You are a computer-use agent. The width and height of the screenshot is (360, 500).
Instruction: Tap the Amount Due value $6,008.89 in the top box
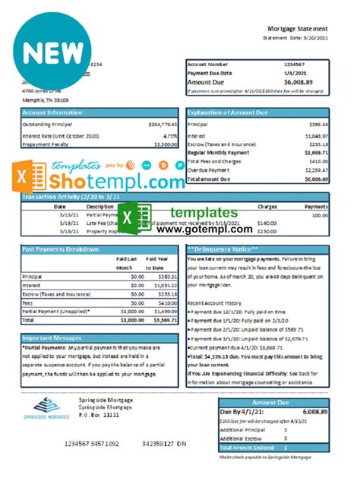click(x=312, y=81)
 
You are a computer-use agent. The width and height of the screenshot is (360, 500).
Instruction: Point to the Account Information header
click(x=52, y=111)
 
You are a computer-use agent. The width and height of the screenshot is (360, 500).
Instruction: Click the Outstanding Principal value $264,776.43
click(x=162, y=123)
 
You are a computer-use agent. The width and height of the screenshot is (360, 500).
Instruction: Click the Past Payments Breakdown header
click(x=61, y=249)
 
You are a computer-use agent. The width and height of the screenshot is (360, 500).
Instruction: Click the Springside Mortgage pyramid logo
click(x=40, y=403)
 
